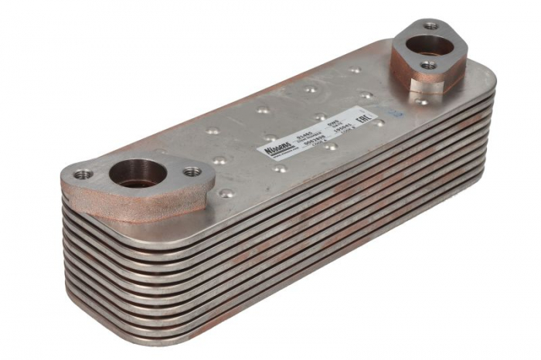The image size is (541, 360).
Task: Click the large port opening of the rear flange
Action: click(432, 46)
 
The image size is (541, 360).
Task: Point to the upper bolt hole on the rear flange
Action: click(431, 25)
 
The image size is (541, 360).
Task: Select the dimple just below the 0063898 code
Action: click(332, 146)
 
